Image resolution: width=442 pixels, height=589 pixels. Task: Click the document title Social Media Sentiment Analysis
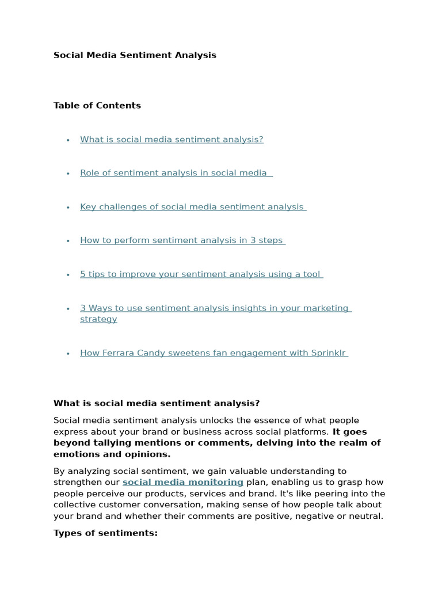point(135,55)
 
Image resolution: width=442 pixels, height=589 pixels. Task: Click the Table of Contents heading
point(97,105)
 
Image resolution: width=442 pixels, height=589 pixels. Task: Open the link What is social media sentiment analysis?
point(172,139)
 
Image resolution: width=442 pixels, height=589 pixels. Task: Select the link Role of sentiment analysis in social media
point(173,173)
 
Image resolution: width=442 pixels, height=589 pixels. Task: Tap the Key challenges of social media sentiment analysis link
point(192,206)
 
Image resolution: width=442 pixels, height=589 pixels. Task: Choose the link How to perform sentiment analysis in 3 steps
point(181,240)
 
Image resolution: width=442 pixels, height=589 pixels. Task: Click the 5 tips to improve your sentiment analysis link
point(200,274)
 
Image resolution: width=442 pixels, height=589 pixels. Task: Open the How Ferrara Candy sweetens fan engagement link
point(212,353)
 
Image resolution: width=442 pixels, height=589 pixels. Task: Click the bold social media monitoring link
point(182,482)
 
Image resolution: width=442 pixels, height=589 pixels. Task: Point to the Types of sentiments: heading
point(105,533)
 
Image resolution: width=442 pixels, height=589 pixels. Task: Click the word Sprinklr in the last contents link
point(329,353)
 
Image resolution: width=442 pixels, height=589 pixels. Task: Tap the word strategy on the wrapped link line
point(98,319)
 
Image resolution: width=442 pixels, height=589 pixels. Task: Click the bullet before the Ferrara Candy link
point(68,353)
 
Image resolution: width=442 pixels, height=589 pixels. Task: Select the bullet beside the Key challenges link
point(68,207)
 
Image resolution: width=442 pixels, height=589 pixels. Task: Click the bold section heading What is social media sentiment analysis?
point(157,403)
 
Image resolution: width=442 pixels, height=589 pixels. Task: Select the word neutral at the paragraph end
point(365,516)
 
